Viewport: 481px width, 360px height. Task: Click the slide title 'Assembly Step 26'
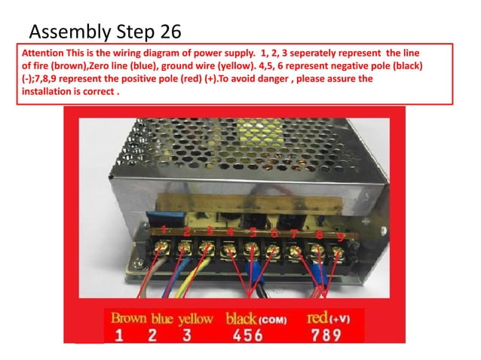(x=104, y=31)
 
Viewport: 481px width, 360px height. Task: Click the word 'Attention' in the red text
(x=44, y=54)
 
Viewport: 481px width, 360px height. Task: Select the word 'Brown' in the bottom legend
(x=129, y=318)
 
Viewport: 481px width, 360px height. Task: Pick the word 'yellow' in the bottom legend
(x=195, y=319)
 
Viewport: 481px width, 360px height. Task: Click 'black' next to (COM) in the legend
(x=241, y=318)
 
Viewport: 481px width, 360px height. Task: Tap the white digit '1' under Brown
(x=119, y=335)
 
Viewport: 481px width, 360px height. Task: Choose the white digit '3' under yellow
(x=185, y=335)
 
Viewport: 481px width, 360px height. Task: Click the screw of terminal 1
(x=161, y=247)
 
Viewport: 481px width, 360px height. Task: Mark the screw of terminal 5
(x=252, y=248)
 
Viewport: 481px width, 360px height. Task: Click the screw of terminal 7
(x=296, y=250)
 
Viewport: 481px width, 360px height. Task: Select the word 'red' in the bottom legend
(x=317, y=319)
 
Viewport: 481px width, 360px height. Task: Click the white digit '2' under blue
(x=152, y=335)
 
